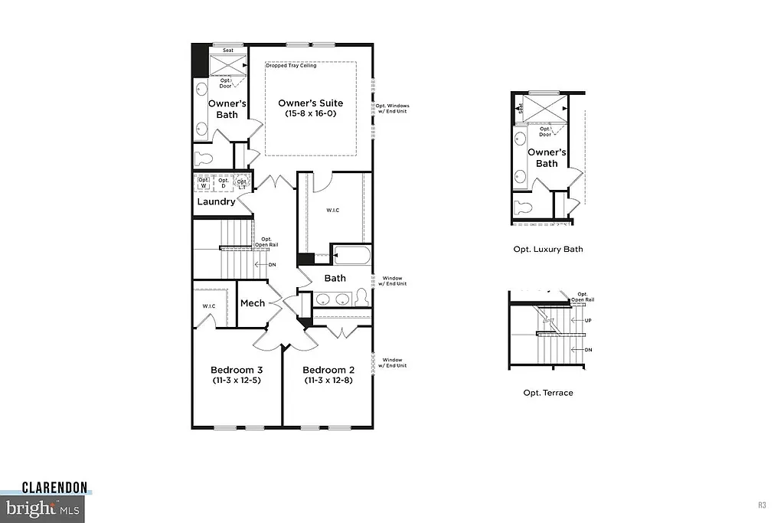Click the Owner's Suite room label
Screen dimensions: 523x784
click(310, 103)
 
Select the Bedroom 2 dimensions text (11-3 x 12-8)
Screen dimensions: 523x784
click(328, 380)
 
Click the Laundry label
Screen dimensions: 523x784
click(216, 202)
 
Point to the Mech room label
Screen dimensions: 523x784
click(253, 303)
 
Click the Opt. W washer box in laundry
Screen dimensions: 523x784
click(204, 184)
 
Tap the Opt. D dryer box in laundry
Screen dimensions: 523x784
click(224, 184)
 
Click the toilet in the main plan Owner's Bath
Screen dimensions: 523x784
click(203, 159)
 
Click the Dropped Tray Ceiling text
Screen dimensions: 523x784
click(290, 66)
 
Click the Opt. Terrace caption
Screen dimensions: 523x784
click(547, 393)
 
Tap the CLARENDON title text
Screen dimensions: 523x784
click(54, 487)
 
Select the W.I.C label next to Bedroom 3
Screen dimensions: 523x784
click(209, 307)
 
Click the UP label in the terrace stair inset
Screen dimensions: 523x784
click(588, 321)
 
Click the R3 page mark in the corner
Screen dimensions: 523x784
click(762, 505)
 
